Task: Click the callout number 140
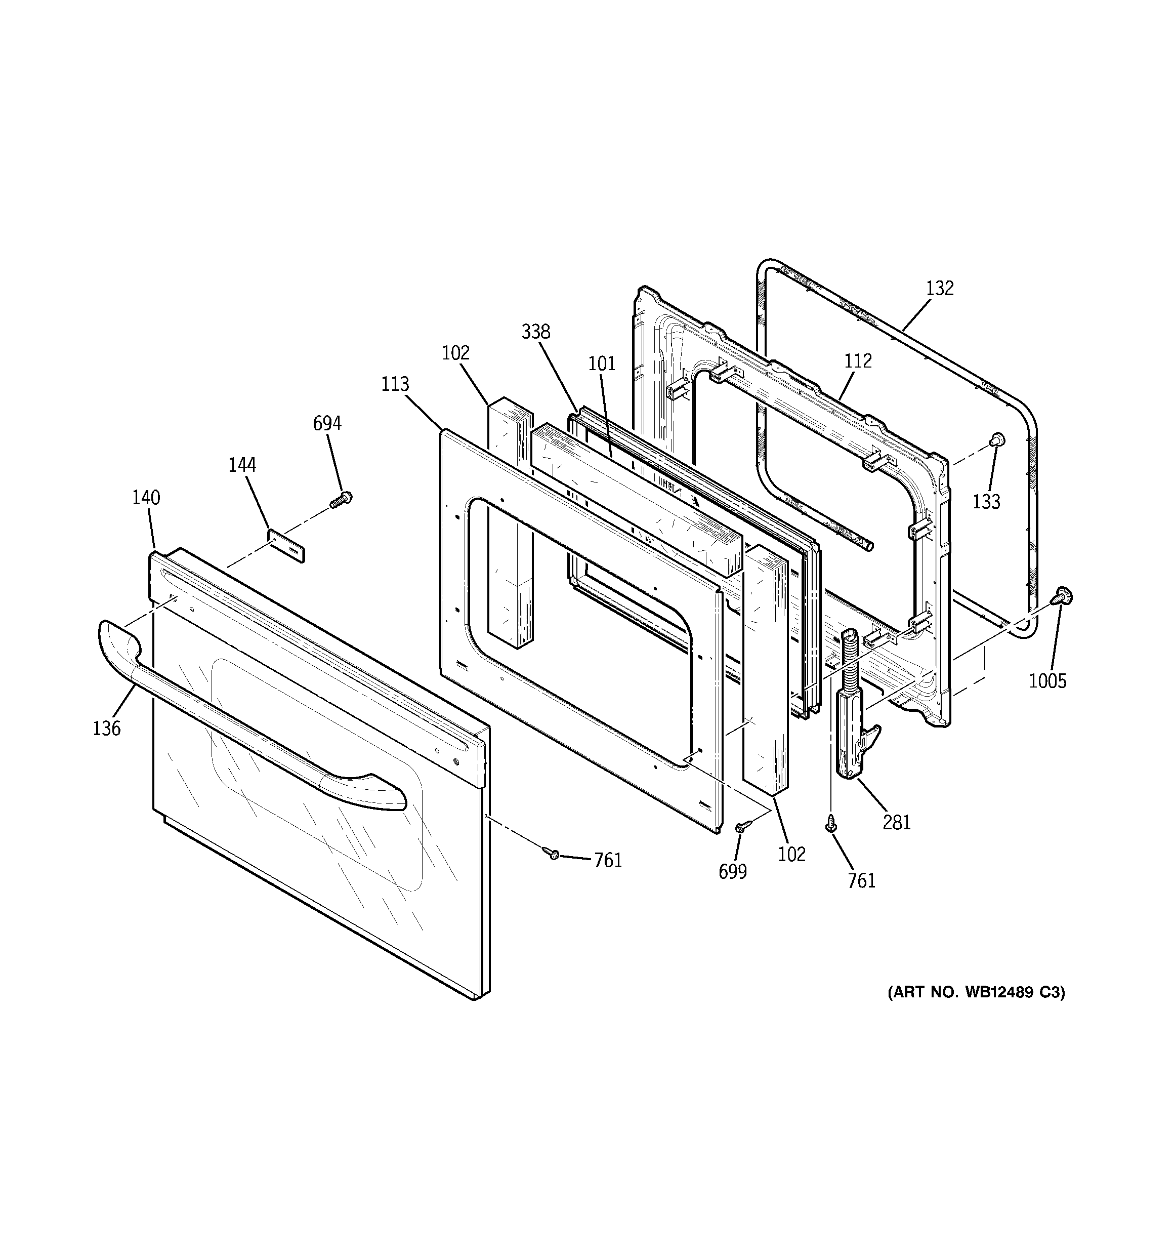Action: (146, 498)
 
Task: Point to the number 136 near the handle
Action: (106, 729)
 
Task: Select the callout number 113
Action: (395, 384)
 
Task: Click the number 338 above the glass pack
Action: (536, 332)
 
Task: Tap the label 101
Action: (601, 363)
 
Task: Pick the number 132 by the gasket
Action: (940, 288)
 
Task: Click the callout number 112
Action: (858, 361)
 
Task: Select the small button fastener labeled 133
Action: (997, 439)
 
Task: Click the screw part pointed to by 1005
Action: (1063, 595)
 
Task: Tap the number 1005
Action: (1047, 681)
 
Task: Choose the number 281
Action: (896, 823)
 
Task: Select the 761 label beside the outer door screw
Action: (607, 860)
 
